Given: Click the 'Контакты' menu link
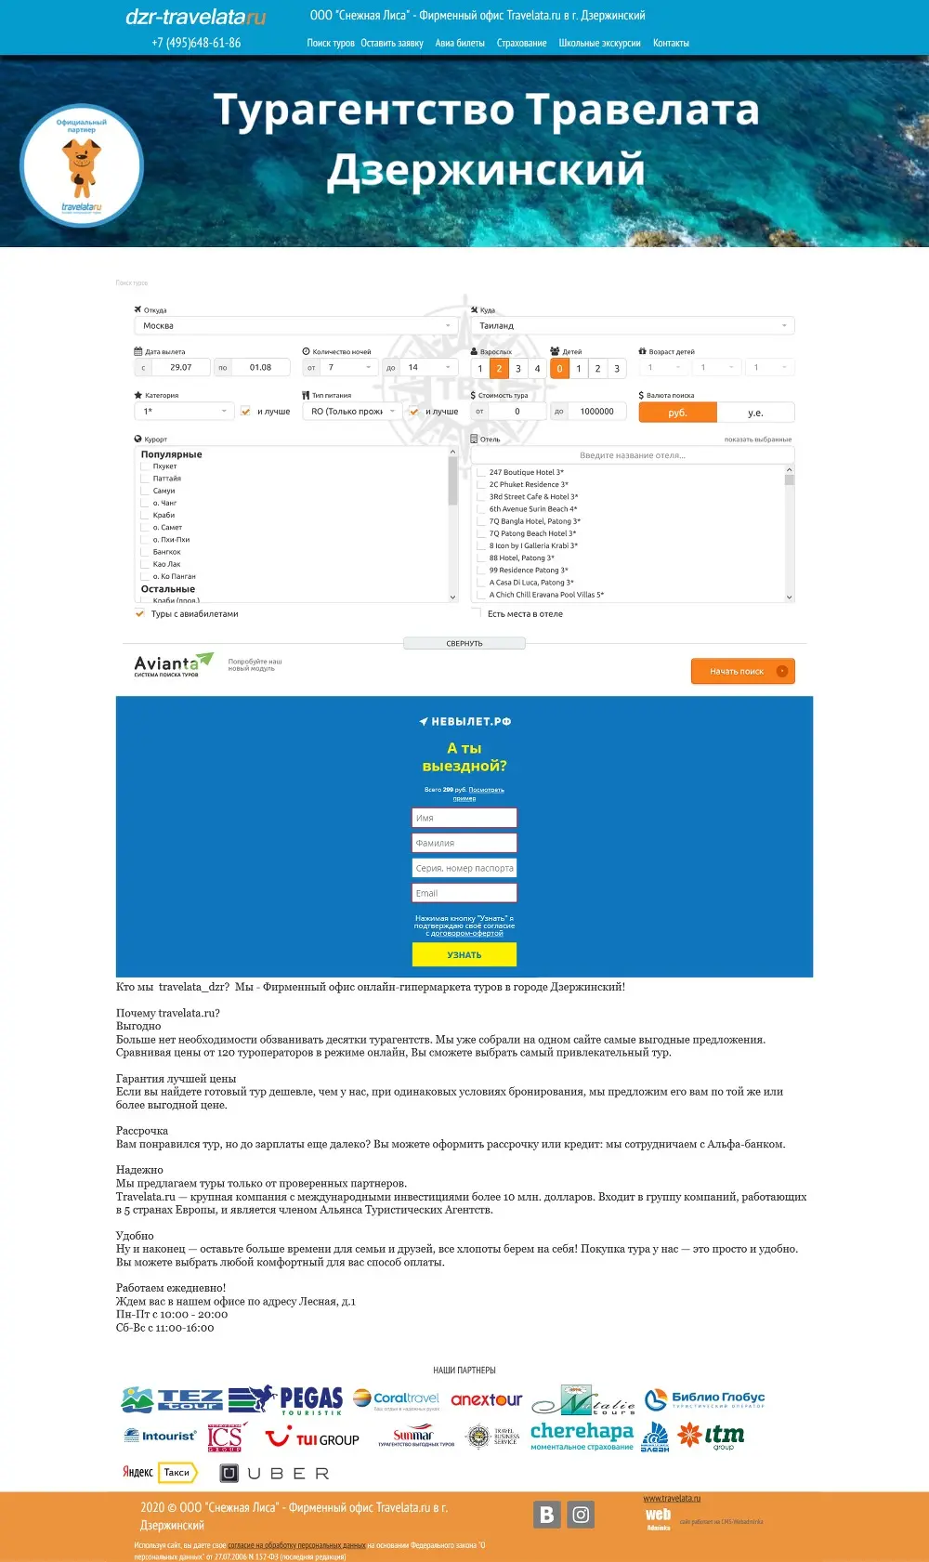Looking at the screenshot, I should point(671,43).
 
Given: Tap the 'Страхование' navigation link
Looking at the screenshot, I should point(521,43).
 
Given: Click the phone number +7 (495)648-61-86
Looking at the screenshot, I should point(196,43).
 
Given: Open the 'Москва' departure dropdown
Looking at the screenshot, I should point(295,326).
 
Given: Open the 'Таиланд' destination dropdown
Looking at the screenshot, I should point(632,326).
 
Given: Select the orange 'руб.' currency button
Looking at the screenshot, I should point(678,413).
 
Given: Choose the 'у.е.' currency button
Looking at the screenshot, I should point(755,413).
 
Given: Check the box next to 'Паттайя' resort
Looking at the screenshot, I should point(146,479).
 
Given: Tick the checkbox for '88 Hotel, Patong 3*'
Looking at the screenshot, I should point(482,558).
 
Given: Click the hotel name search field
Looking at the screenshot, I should point(632,455).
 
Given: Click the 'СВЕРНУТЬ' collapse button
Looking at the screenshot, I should point(464,643).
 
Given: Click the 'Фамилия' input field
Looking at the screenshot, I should point(464,843).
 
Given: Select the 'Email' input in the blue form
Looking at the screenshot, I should point(464,893).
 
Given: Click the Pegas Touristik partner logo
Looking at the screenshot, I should point(311,1399).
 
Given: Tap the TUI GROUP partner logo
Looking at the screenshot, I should point(312,1439).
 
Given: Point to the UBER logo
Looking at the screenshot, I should point(275,1473).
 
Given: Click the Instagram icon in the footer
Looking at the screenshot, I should point(581,1515).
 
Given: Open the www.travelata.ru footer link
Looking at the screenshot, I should point(672,1498).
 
